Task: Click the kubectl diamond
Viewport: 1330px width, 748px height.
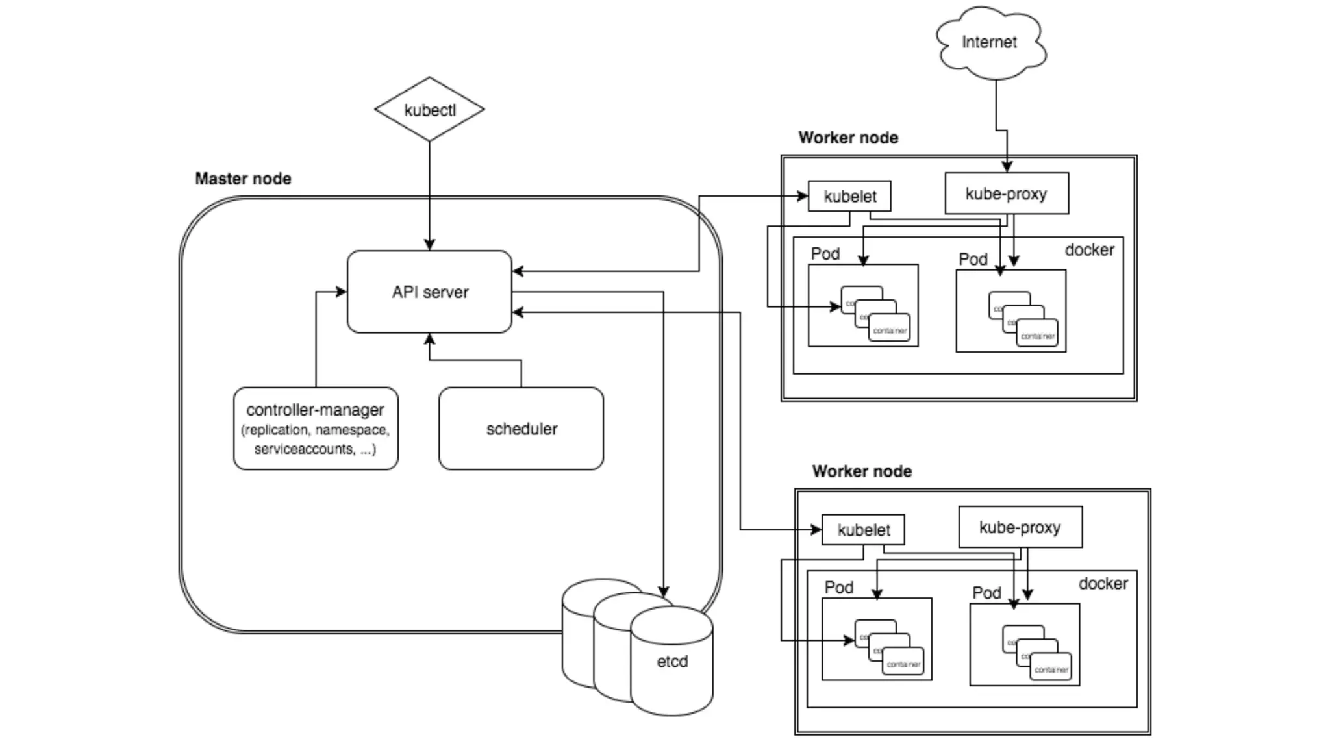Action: [429, 109]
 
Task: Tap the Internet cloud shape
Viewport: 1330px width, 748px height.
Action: [989, 42]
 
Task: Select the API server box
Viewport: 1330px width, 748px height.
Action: [429, 292]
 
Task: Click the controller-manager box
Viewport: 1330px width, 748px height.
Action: [316, 428]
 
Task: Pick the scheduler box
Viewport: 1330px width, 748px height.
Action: [521, 429]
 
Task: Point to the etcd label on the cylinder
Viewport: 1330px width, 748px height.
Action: [672, 662]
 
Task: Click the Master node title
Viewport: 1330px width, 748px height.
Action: [243, 179]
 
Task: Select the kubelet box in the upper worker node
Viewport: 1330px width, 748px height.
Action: [849, 196]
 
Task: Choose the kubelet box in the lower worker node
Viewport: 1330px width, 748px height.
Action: [863, 530]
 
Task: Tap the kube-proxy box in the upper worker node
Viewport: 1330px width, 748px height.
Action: [1006, 193]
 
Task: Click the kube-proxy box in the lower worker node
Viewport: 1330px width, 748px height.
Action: [1020, 527]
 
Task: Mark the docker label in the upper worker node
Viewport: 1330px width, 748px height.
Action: [1089, 250]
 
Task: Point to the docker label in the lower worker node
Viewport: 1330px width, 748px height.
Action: [1103, 584]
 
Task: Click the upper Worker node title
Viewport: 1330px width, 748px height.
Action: [848, 138]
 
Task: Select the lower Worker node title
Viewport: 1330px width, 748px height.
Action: [862, 471]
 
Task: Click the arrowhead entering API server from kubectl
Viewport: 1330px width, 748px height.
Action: [429, 245]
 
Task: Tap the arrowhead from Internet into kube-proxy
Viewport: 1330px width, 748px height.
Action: [1007, 167]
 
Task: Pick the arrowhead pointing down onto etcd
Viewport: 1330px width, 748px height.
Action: [663, 592]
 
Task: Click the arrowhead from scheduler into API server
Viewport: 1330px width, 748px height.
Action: [429, 339]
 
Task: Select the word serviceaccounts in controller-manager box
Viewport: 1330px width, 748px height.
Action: [304, 449]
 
